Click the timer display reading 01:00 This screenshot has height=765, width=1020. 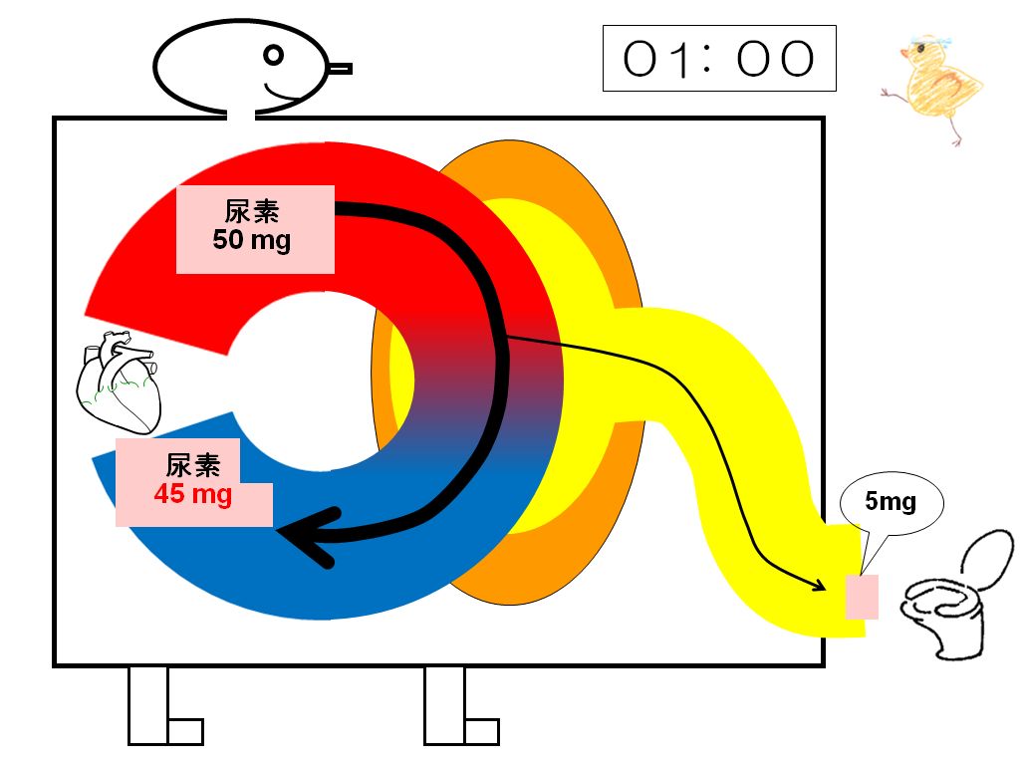[x=719, y=59]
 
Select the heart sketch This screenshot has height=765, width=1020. [x=119, y=382]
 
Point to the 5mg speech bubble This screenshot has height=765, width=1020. [x=892, y=502]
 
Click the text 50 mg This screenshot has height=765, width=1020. [x=251, y=240]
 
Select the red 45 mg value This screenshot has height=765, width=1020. [x=193, y=494]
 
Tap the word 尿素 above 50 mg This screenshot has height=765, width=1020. [x=252, y=211]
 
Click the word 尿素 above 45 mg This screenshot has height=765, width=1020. [x=192, y=466]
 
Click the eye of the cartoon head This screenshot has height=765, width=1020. [x=274, y=56]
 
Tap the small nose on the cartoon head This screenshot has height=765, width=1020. [x=339, y=69]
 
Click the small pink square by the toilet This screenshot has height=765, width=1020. [x=862, y=597]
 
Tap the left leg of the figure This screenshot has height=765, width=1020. [x=165, y=706]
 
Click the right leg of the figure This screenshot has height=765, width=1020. [x=461, y=706]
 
